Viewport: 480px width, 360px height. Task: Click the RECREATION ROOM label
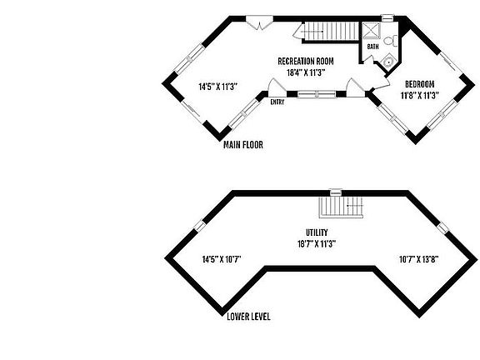pos(306,61)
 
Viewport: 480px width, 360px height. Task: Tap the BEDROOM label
pos(419,84)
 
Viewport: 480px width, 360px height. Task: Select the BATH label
pos(372,47)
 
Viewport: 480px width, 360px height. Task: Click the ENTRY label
pos(277,102)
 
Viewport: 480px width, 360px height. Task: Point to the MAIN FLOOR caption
pos(243,144)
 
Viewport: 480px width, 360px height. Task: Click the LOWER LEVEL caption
pos(248,317)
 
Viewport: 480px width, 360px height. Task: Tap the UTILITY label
pos(317,232)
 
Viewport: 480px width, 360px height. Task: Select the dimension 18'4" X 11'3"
pos(306,72)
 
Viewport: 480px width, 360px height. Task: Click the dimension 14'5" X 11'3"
pos(218,87)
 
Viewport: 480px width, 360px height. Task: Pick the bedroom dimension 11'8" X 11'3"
pos(420,96)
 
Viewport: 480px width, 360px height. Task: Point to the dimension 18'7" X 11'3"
pos(317,244)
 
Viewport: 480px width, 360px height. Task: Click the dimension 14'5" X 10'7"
pos(222,260)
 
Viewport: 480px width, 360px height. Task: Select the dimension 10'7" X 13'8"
pos(419,260)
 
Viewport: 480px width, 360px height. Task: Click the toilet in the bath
pos(390,41)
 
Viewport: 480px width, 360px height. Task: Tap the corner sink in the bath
pos(389,62)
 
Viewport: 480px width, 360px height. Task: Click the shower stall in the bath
pos(372,30)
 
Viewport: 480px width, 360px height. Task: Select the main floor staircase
pos(331,31)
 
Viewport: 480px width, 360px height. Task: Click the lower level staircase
pos(341,207)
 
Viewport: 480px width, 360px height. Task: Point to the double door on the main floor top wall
pos(259,22)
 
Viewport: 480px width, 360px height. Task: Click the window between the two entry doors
pos(317,94)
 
